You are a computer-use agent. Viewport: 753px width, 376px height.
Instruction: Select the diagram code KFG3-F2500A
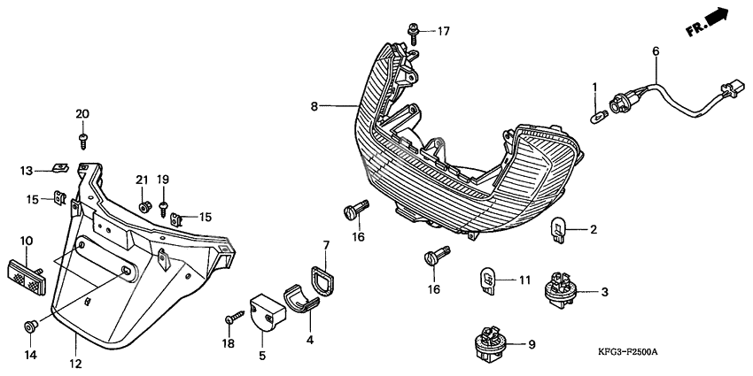pos(627,352)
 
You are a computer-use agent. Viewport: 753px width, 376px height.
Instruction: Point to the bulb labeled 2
pos(558,229)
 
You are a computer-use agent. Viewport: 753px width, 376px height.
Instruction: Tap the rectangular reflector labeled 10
pos(26,277)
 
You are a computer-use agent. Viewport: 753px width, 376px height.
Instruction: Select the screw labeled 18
pos(235,317)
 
